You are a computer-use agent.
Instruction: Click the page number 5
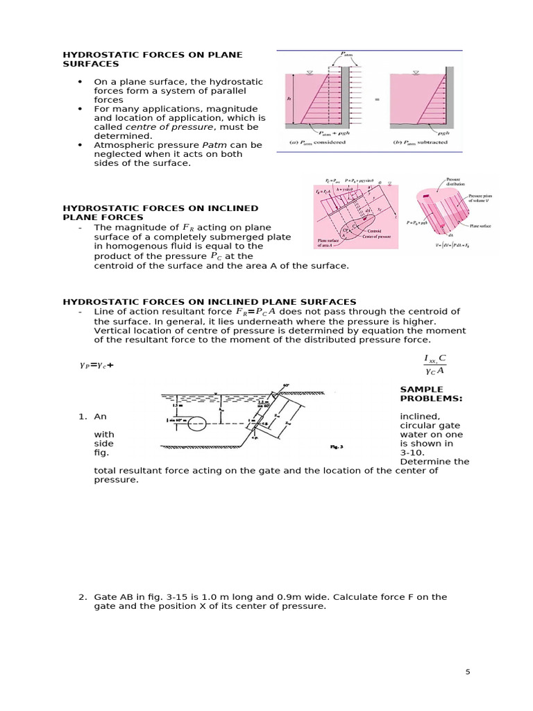[468, 672]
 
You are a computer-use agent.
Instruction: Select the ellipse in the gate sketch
[197, 424]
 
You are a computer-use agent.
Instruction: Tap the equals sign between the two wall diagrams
[378, 99]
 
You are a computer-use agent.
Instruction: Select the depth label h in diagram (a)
[289, 99]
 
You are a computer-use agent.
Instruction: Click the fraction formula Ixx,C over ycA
[434, 364]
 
